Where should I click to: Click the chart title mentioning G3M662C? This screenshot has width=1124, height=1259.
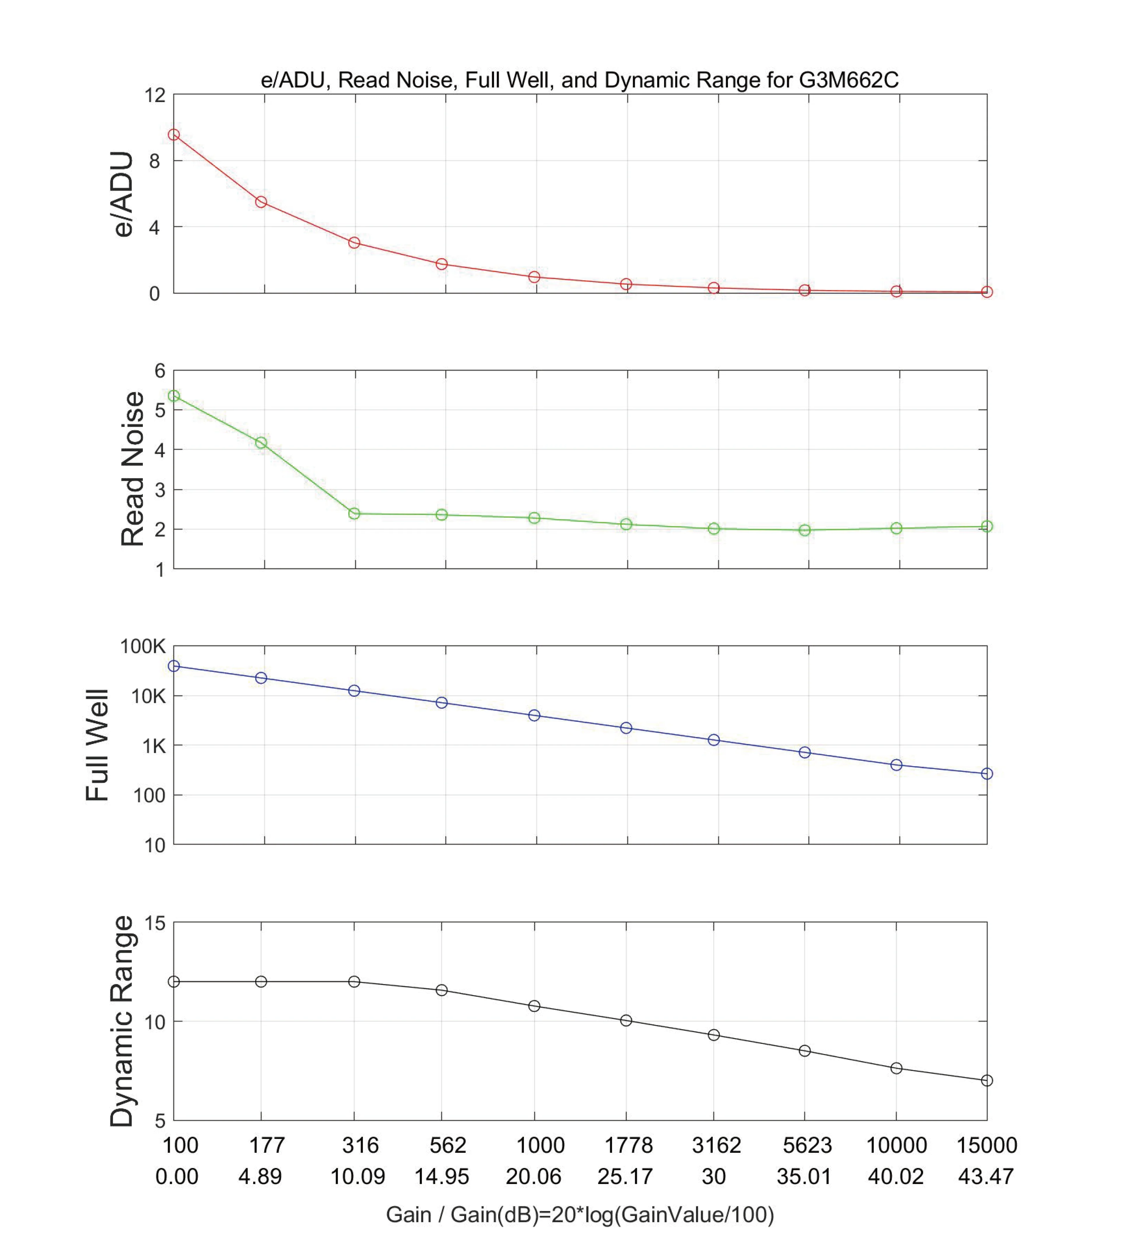click(x=579, y=80)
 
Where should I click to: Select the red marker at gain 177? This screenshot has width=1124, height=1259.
click(x=261, y=202)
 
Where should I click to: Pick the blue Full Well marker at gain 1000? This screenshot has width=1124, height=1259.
click(x=534, y=715)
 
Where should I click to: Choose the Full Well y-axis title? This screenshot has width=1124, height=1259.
click(x=97, y=745)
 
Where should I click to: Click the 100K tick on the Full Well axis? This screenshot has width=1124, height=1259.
click(x=143, y=647)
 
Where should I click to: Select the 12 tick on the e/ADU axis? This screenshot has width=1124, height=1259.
click(x=155, y=95)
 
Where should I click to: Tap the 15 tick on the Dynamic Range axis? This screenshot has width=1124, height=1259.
click(x=155, y=923)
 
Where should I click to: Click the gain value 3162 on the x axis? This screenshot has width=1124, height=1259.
click(x=716, y=1145)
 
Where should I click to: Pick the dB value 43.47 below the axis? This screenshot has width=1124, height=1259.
click(x=986, y=1176)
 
